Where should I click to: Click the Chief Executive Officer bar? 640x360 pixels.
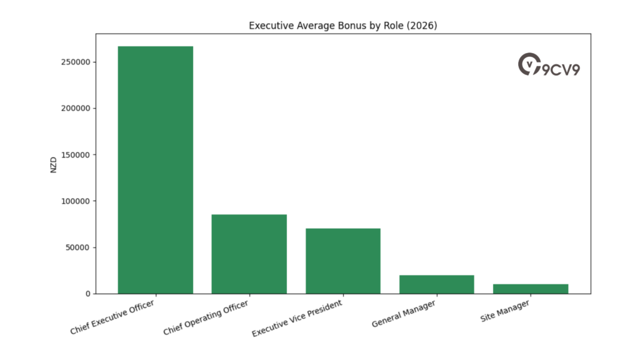pyautogui.click(x=155, y=170)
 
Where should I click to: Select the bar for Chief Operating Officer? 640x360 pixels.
pyautogui.click(x=249, y=254)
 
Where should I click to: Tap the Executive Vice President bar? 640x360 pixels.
pyautogui.click(x=342, y=261)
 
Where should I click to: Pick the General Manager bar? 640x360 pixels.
pyautogui.click(x=436, y=284)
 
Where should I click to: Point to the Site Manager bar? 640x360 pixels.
pyautogui.click(x=530, y=289)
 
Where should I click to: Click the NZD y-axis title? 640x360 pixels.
pyautogui.click(x=54, y=164)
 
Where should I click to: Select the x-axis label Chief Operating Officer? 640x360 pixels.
pyautogui.click(x=206, y=317)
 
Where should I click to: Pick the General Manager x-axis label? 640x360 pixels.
pyautogui.click(x=403, y=314)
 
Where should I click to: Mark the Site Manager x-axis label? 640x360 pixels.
pyautogui.click(x=505, y=311)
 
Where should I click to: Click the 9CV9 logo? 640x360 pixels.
pyautogui.click(x=549, y=65)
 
